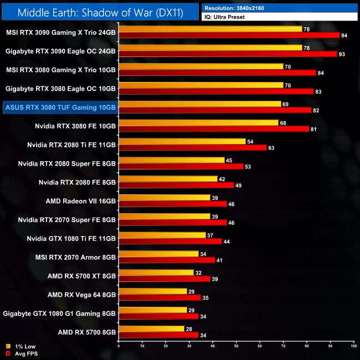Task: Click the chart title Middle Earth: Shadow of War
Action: (100, 11)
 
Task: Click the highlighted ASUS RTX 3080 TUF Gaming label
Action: (59, 107)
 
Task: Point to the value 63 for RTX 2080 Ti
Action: (271, 148)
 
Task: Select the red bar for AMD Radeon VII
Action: (172, 204)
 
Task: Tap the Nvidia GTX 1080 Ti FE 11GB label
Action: (71, 238)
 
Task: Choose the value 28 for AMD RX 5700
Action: (188, 328)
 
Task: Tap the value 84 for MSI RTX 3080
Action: (320, 73)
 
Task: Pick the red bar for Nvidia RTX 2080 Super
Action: (181, 167)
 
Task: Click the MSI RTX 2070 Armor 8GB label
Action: (78, 257)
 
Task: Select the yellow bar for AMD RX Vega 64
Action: (152, 291)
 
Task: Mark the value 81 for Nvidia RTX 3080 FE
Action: (313, 129)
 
